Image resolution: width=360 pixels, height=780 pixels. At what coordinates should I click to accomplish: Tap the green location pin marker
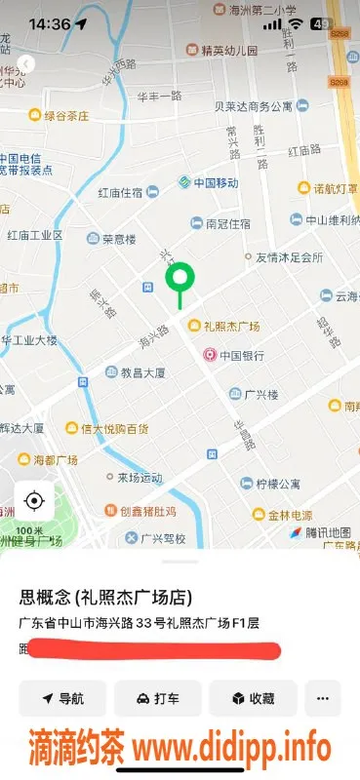[180, 281]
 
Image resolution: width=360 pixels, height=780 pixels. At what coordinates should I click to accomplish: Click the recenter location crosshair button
[34, 501]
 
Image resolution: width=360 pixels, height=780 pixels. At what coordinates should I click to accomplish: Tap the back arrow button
[26, 63]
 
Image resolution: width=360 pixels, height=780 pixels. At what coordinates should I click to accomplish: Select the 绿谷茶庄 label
[64, 115]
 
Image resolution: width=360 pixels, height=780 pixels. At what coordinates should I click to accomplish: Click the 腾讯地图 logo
[314, 532]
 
